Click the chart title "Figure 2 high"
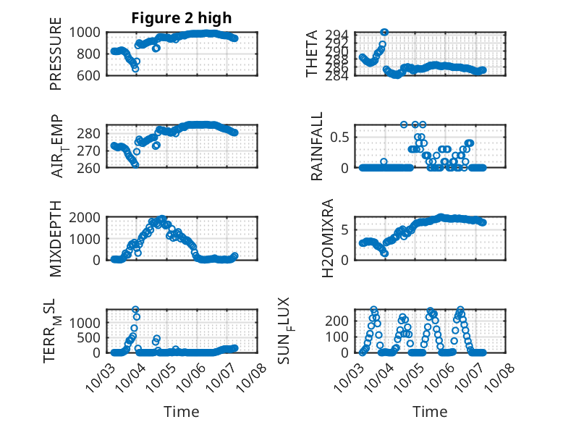[182, 18]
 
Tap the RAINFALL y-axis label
[317, 146]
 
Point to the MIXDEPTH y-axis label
[56, 238]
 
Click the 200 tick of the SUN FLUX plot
[342, 320]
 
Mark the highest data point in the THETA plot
[384, 32]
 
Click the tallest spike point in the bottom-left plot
[135, 310]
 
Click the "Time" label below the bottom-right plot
[430, 412]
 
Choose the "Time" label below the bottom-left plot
[182, 412]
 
